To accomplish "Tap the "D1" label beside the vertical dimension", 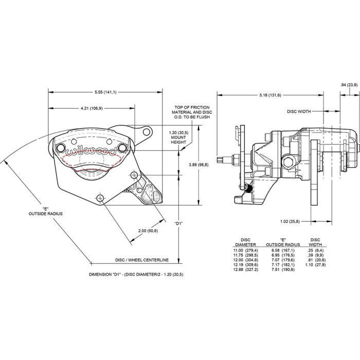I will click(x=179, y=223).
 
